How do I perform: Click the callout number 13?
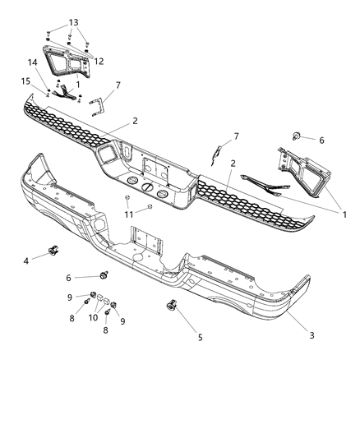tap(74, 22)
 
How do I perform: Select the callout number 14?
tap(33, 63)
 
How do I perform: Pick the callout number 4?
tap(25, 260)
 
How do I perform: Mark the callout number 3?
tap(312, 334)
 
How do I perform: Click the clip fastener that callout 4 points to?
tap(54, 250)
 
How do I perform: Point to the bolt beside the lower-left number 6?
tap(104, 274)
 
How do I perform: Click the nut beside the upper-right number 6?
tap(294, 136)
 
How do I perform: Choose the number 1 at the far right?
tap(344, 214)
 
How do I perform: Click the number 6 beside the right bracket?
tap(321, 141)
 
